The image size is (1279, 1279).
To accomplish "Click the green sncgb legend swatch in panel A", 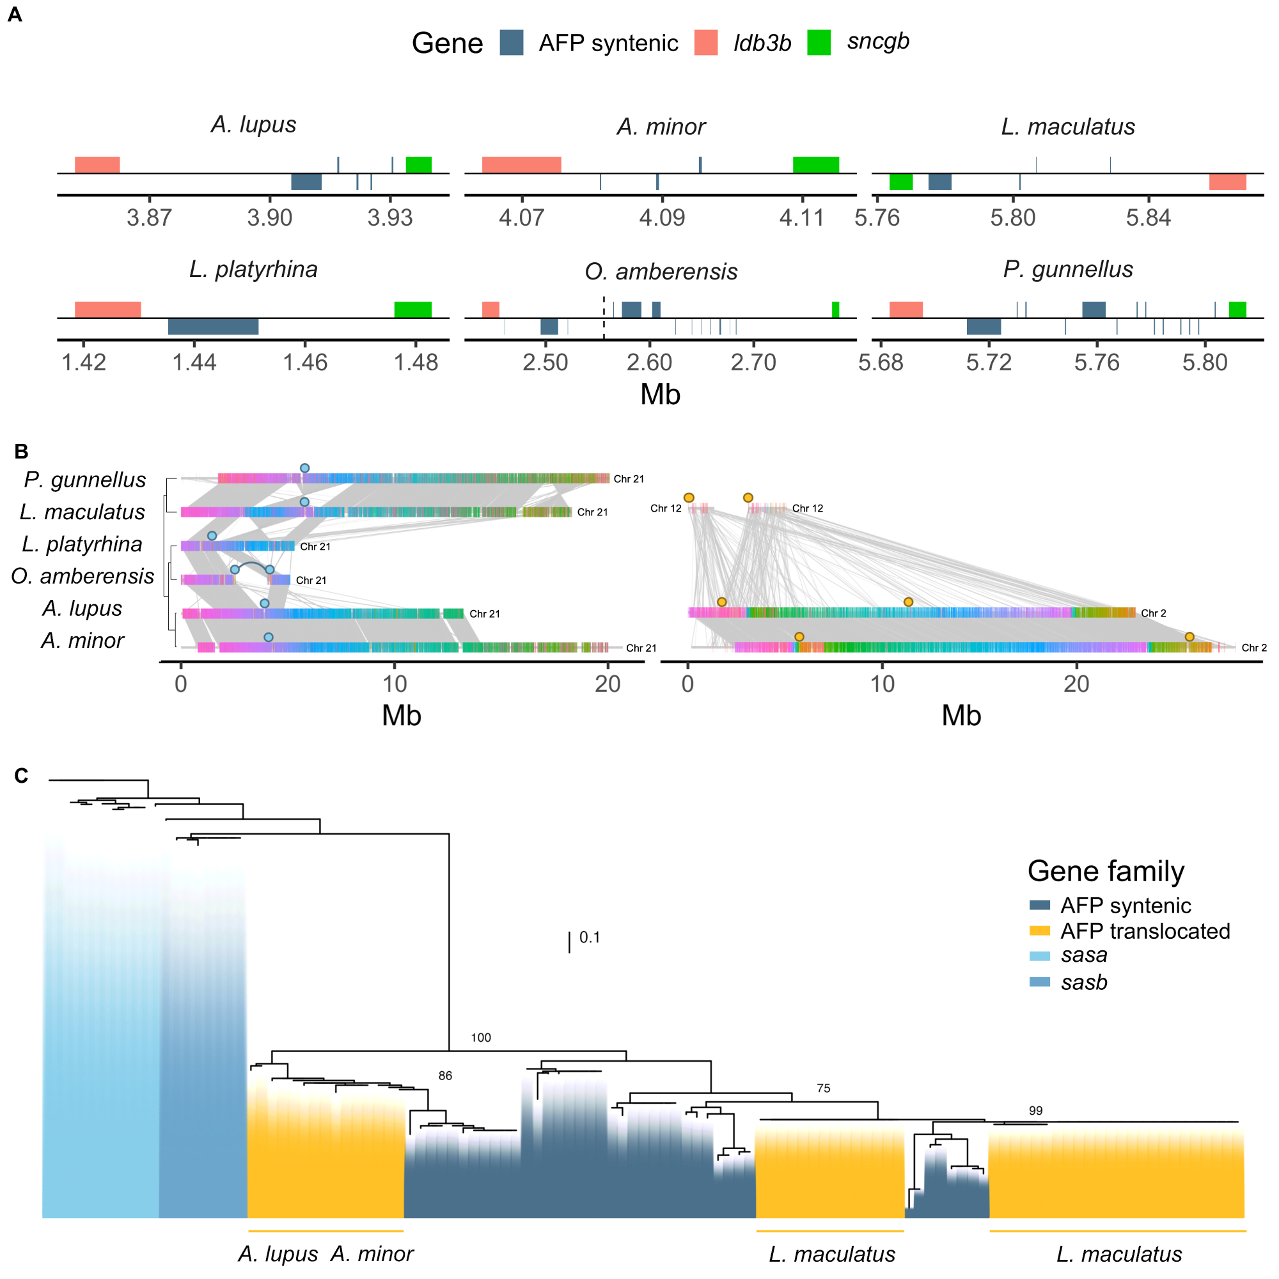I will (819, 43).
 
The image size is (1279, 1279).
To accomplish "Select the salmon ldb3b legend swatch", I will (706, 43).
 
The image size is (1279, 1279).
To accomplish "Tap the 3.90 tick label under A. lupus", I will (269, 218).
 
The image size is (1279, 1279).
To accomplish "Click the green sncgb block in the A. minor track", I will (815, 165).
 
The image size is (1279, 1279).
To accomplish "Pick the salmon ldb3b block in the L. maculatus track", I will (1227, 182).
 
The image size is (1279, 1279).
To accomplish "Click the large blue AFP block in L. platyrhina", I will (213, 326).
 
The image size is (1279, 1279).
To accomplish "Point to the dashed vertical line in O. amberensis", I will (604, 318).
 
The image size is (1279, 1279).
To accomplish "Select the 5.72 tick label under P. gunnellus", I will (989, 363).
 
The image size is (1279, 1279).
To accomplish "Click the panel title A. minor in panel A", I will (661, 127).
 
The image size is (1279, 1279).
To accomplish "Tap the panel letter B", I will (21, 451).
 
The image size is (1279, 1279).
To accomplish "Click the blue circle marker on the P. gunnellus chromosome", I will (304, 468).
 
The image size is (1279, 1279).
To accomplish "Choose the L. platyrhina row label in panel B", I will (82, 544).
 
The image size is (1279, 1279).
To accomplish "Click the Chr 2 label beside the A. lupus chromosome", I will (1153, 614).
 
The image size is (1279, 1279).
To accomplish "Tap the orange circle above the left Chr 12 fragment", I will (689, 498).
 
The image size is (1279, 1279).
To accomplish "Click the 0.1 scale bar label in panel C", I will (589, 938).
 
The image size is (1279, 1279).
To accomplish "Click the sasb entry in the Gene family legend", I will (1084, 982).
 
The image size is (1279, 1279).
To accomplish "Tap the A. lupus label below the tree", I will (278, 1254).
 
